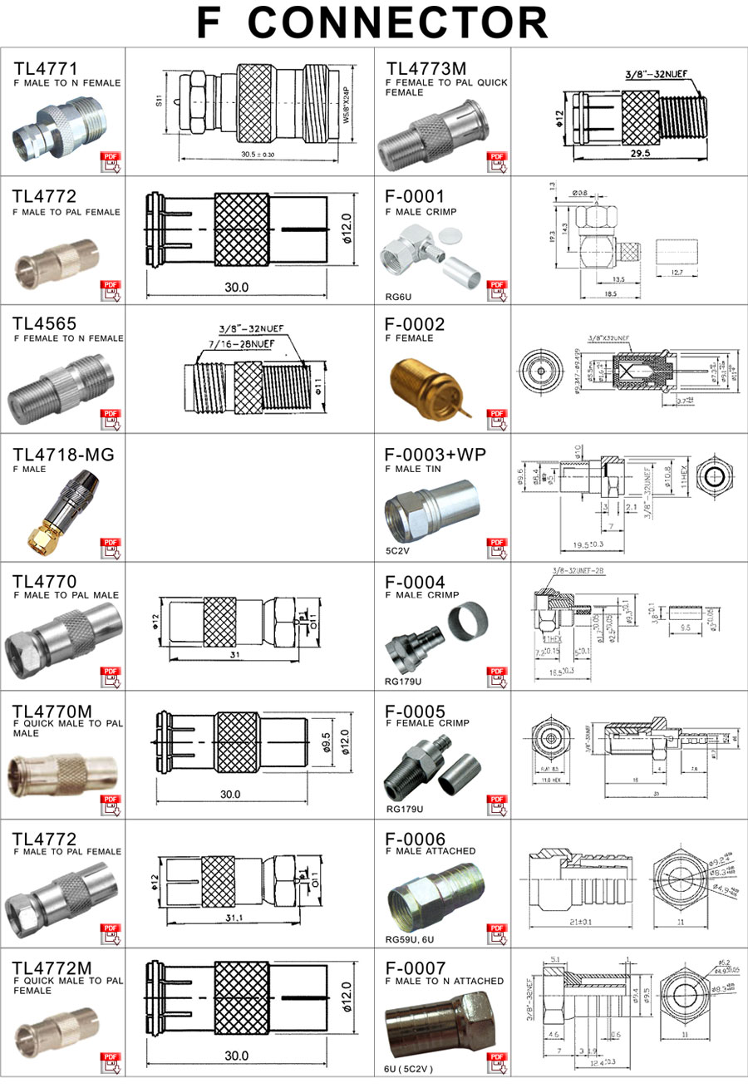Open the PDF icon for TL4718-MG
point(111,548)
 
